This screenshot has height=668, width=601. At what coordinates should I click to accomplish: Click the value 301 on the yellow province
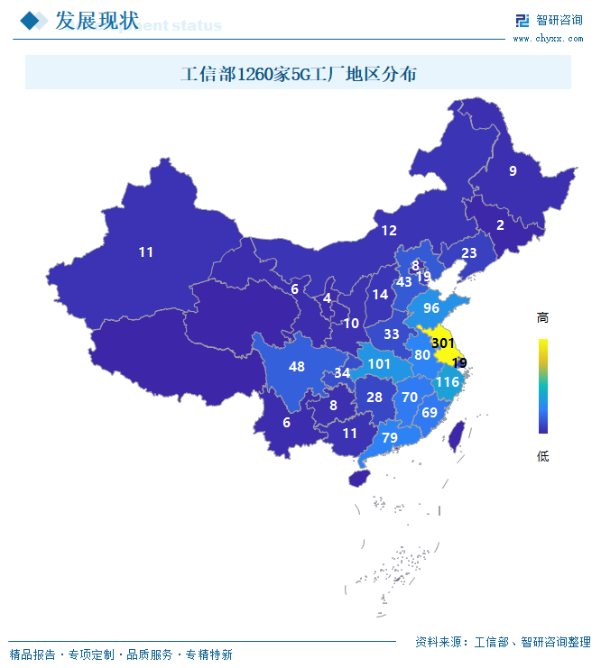(442, 343)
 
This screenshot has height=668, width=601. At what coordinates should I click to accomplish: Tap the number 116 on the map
(448, 382)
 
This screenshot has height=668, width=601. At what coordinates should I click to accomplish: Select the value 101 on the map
(380, 365)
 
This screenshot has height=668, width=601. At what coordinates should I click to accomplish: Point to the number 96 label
(431, 308)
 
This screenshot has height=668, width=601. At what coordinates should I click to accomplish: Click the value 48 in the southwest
(297, 367)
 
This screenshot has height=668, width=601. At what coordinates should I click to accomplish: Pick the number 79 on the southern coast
(390, 438)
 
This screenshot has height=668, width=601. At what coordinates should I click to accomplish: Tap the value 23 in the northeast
(469, 253)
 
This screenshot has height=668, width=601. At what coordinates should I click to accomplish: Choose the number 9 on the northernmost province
(513, 171)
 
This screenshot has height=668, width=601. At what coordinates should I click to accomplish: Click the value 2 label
(500, 225)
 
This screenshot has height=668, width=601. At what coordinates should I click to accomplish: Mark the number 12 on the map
(389, 231)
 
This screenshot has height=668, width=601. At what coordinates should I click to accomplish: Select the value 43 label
(404, 282)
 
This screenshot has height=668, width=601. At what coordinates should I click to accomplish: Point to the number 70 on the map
(410, 398)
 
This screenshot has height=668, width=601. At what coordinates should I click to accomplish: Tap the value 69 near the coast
(430, 413)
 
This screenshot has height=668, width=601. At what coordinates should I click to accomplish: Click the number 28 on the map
(374, 398)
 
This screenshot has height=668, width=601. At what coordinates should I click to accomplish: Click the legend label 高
(542, 318)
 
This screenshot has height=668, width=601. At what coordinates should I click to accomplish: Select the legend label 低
(542, 456)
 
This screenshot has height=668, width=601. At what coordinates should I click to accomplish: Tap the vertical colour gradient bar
(542, 386)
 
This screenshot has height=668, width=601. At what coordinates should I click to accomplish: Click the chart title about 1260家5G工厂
(299, 74)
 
